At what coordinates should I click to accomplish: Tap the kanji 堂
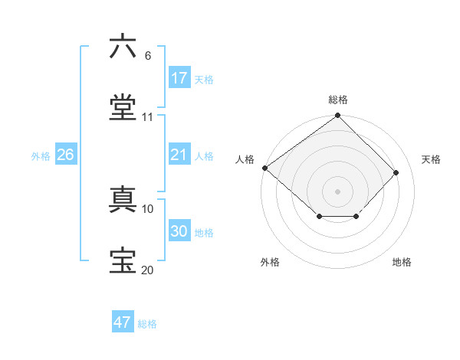[123, 107]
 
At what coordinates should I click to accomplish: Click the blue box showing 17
[179, 78]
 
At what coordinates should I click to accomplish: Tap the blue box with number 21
[179, 155]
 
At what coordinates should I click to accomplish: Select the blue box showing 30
[179, 231]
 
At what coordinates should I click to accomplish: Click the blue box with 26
[66, 155]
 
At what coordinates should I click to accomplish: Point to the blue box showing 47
[123, 322]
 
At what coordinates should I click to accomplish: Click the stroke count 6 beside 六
[148, 56]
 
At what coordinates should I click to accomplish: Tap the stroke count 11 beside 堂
[148, 117]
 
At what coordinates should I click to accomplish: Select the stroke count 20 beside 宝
[148, 270]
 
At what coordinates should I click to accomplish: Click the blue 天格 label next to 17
[204, 79]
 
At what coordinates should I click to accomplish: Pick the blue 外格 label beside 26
[41, 155]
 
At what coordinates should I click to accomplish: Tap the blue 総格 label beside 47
[147, 323]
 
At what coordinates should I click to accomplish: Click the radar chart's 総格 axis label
[338, 100]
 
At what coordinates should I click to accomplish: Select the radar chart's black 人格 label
[245, 159]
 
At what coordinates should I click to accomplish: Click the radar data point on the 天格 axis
[396, 172]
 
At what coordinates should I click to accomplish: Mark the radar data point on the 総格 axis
[338, 116]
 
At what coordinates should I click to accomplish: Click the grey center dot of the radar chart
[338, 191]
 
